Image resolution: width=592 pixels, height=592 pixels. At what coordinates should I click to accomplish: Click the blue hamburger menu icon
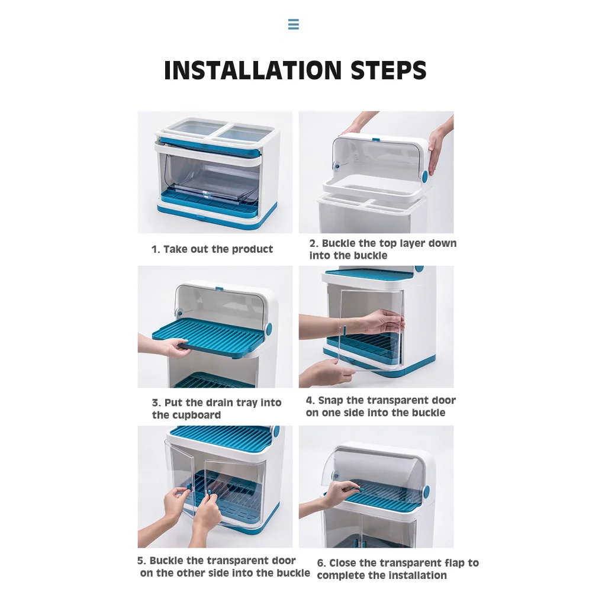pyautogui.click(x=294, y=24)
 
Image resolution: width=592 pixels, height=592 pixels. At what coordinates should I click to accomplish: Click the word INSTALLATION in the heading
pyautogui.click(x=253, y=70)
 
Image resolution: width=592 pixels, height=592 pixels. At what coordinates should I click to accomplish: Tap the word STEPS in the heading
pyautogui.click(x=388, y=70)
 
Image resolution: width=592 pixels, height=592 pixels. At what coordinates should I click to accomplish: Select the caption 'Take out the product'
pyautogui.click(x=218, y=249)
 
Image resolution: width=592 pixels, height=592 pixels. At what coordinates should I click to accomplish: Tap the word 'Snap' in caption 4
pyautogui.click(x=330, y=401)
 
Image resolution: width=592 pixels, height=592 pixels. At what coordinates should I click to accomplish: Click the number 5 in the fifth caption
pyautogui.click(x=140, y=561)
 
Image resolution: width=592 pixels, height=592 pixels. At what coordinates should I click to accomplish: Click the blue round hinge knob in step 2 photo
pyautogui.click(x=424, y=176)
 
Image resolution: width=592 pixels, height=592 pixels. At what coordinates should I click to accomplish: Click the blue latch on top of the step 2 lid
pyautogui.click(x=376, y=140)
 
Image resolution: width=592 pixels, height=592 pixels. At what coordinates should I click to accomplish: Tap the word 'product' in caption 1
pyautogui.click(x=252, y=250)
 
